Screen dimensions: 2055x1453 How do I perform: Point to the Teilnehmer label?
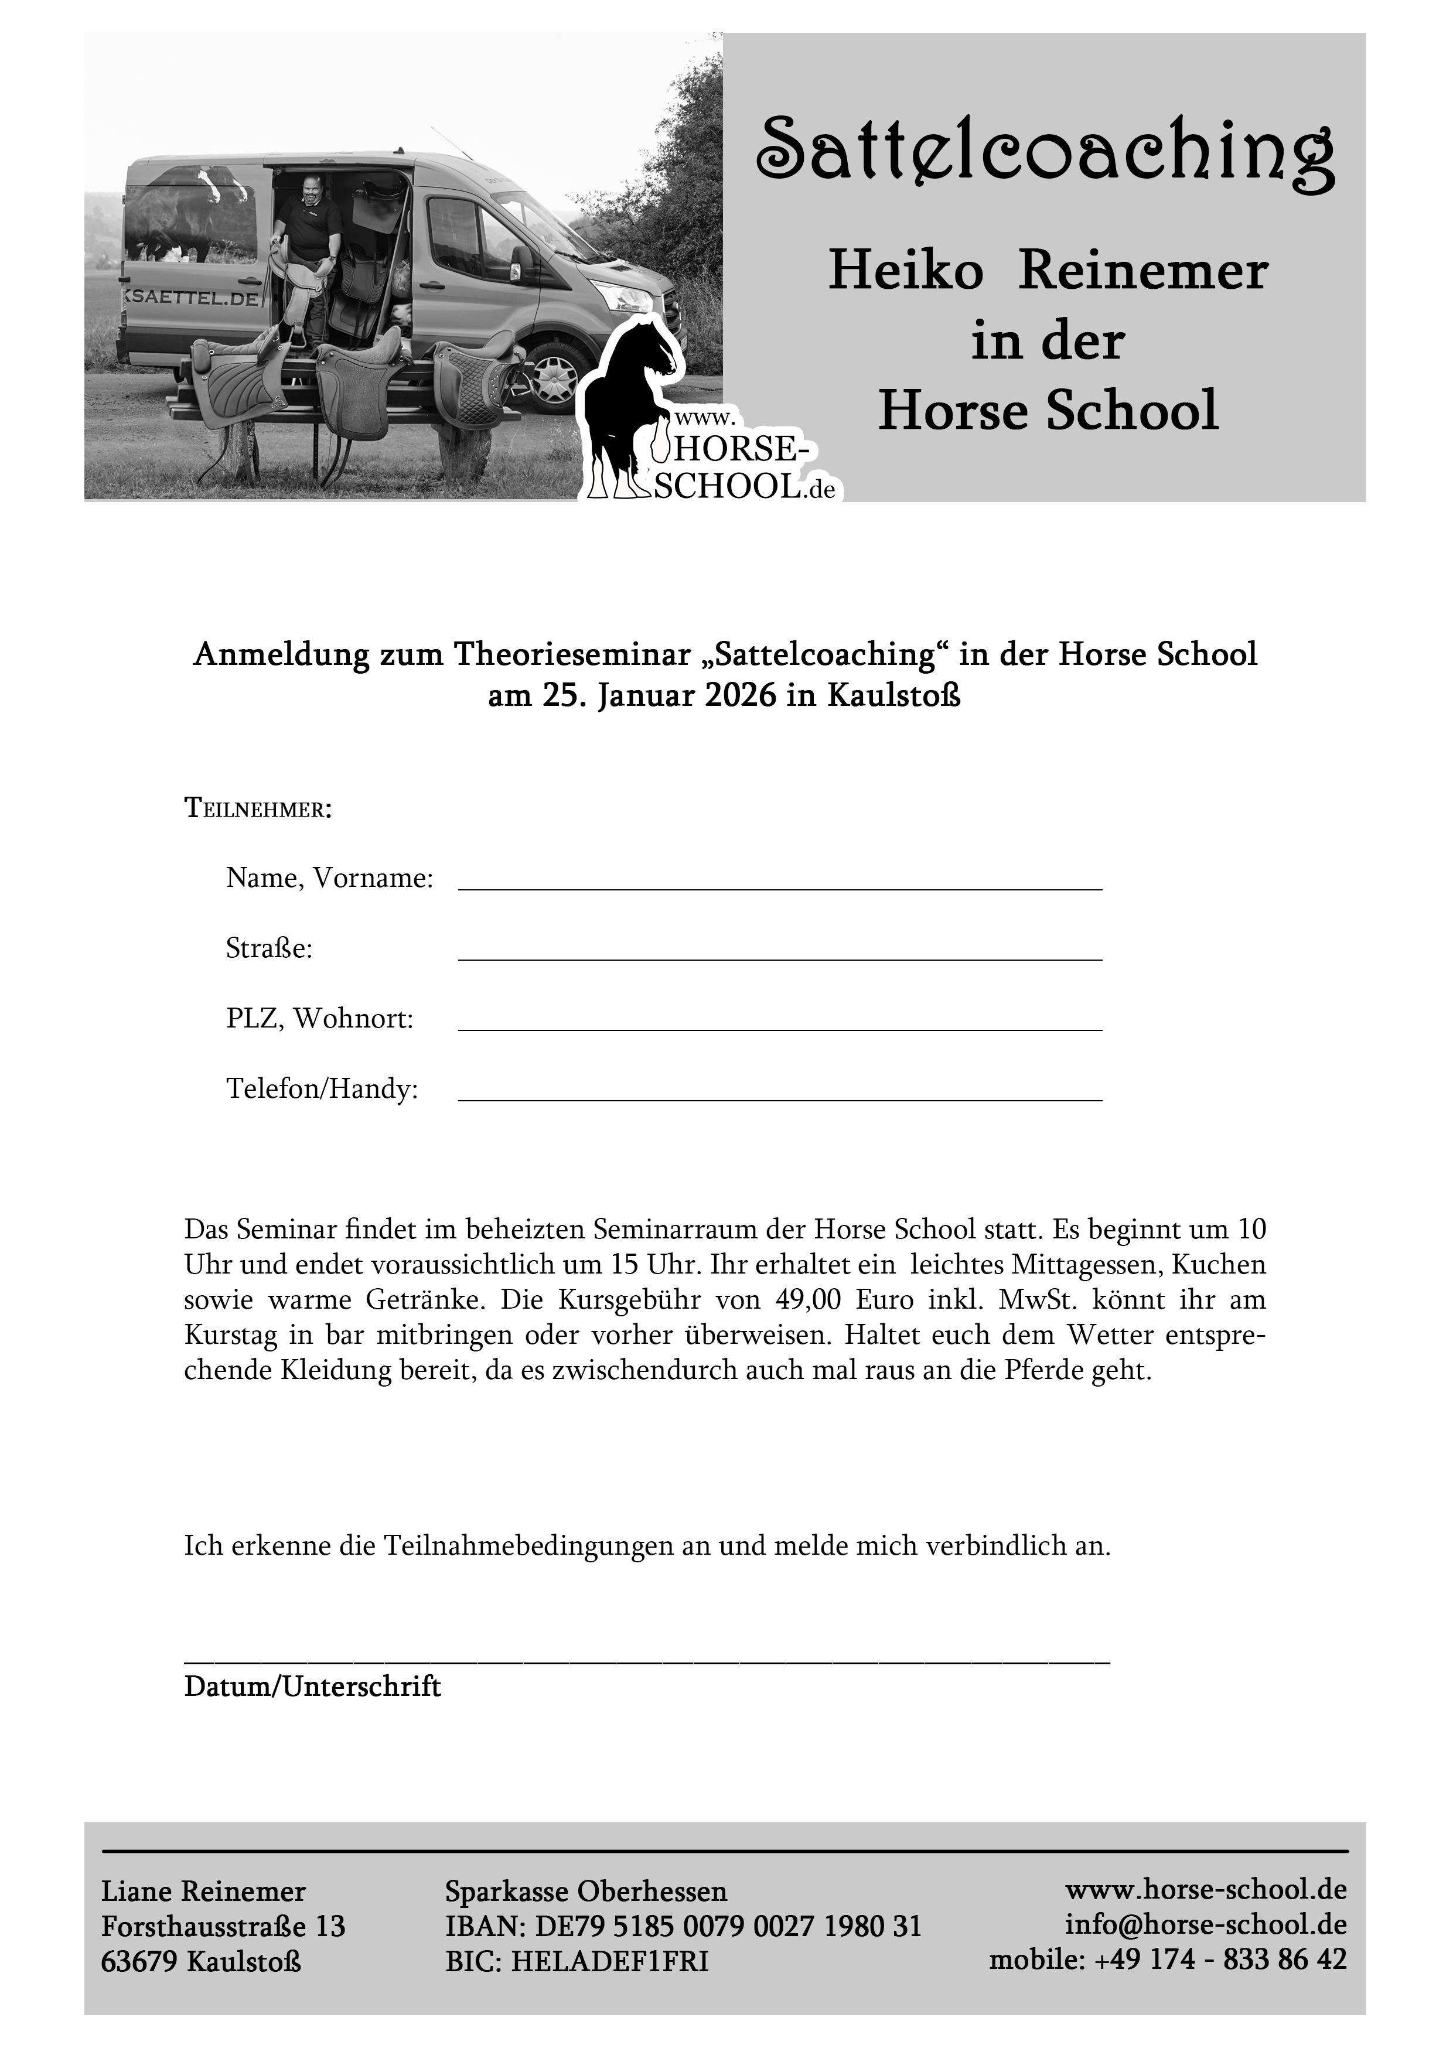click(x=258, y=809)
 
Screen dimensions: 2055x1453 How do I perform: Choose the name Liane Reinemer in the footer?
click(x=203, y=1891)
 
